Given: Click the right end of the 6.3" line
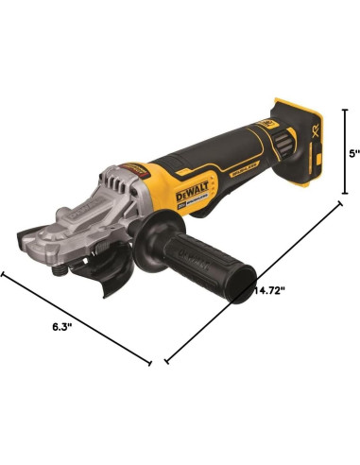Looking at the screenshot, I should [149, 361].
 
